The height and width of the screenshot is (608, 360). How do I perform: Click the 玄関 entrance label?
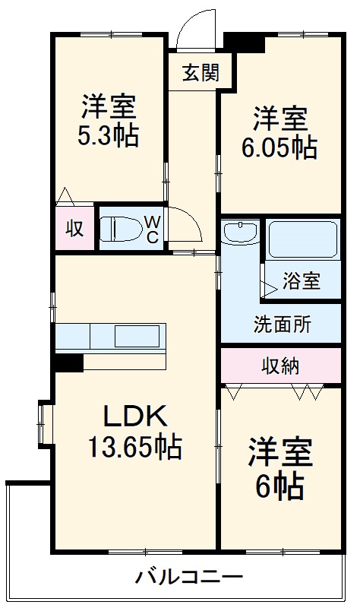(201, 73)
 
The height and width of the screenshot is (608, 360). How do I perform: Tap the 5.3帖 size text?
(108, 136)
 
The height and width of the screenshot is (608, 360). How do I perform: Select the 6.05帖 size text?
(280, 147)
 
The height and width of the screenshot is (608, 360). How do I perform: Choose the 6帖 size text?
(279, 485)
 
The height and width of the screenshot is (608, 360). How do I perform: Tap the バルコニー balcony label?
(179, 576)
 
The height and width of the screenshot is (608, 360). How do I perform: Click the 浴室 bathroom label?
(301, 281)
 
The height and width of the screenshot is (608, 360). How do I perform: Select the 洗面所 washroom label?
(282, 324)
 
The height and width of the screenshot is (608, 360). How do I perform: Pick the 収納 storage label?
(281, 366)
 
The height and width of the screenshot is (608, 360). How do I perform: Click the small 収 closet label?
(74, 228)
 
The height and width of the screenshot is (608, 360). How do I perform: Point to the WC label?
(152, 228)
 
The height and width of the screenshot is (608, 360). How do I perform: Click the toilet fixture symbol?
(122, 227)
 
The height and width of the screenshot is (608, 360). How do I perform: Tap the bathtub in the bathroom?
(302, 241)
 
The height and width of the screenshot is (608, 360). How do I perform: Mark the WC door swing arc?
(186, 224)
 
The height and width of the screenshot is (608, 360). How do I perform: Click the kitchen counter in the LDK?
(110, 335)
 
